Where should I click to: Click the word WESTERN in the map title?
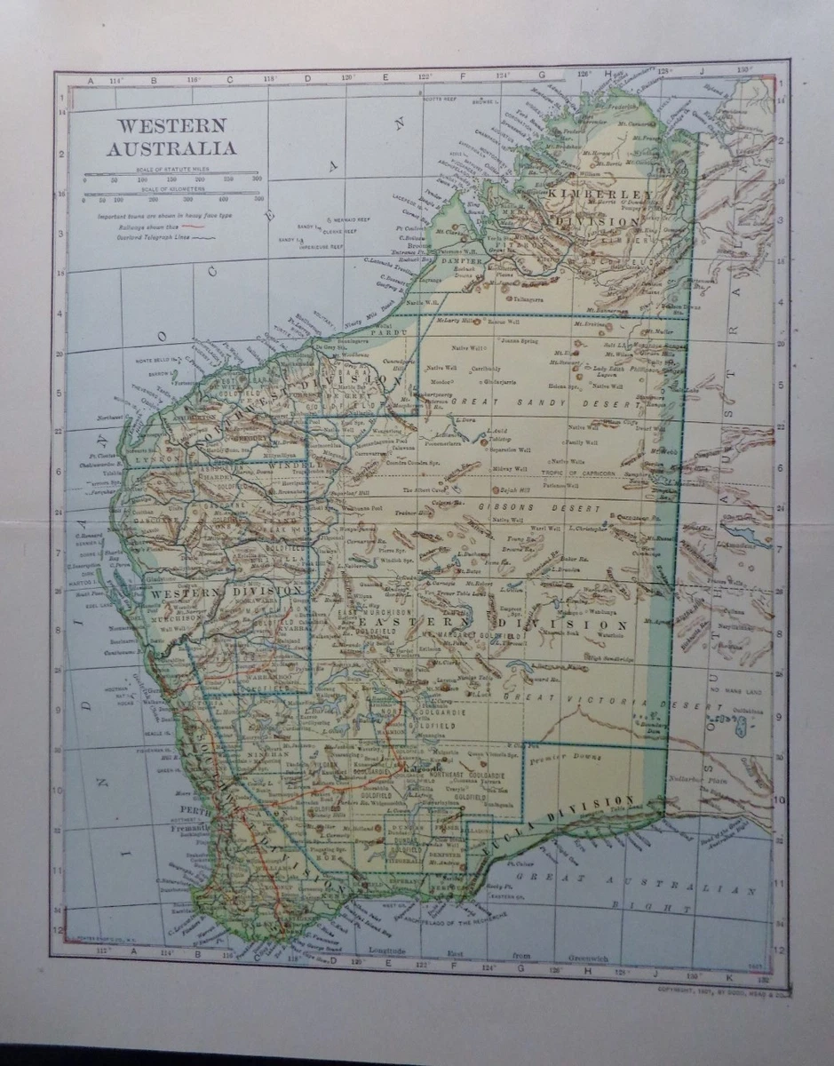pyautogui.click(x=168, y=126)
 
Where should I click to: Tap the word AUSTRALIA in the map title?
pyautogui.click(x=171, y=147)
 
